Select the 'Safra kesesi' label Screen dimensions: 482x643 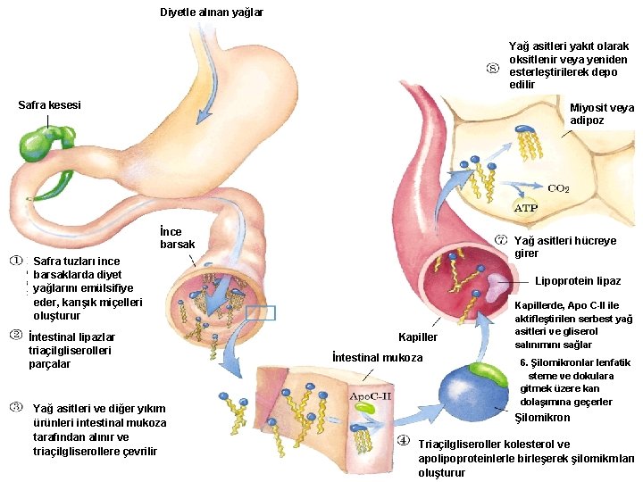click(49, 105)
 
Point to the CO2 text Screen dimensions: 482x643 click(558, 188)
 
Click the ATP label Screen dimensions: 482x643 click(526, 208)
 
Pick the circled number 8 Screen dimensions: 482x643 click(492, 68)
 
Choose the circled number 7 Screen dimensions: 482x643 click(501, 241)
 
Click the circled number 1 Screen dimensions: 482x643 click(17, 261)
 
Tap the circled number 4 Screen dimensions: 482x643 click(403, 440)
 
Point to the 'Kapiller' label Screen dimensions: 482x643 click(419, 337)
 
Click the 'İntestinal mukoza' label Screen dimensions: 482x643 click(377, 358)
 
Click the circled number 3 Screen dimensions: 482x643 click(17, 406)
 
